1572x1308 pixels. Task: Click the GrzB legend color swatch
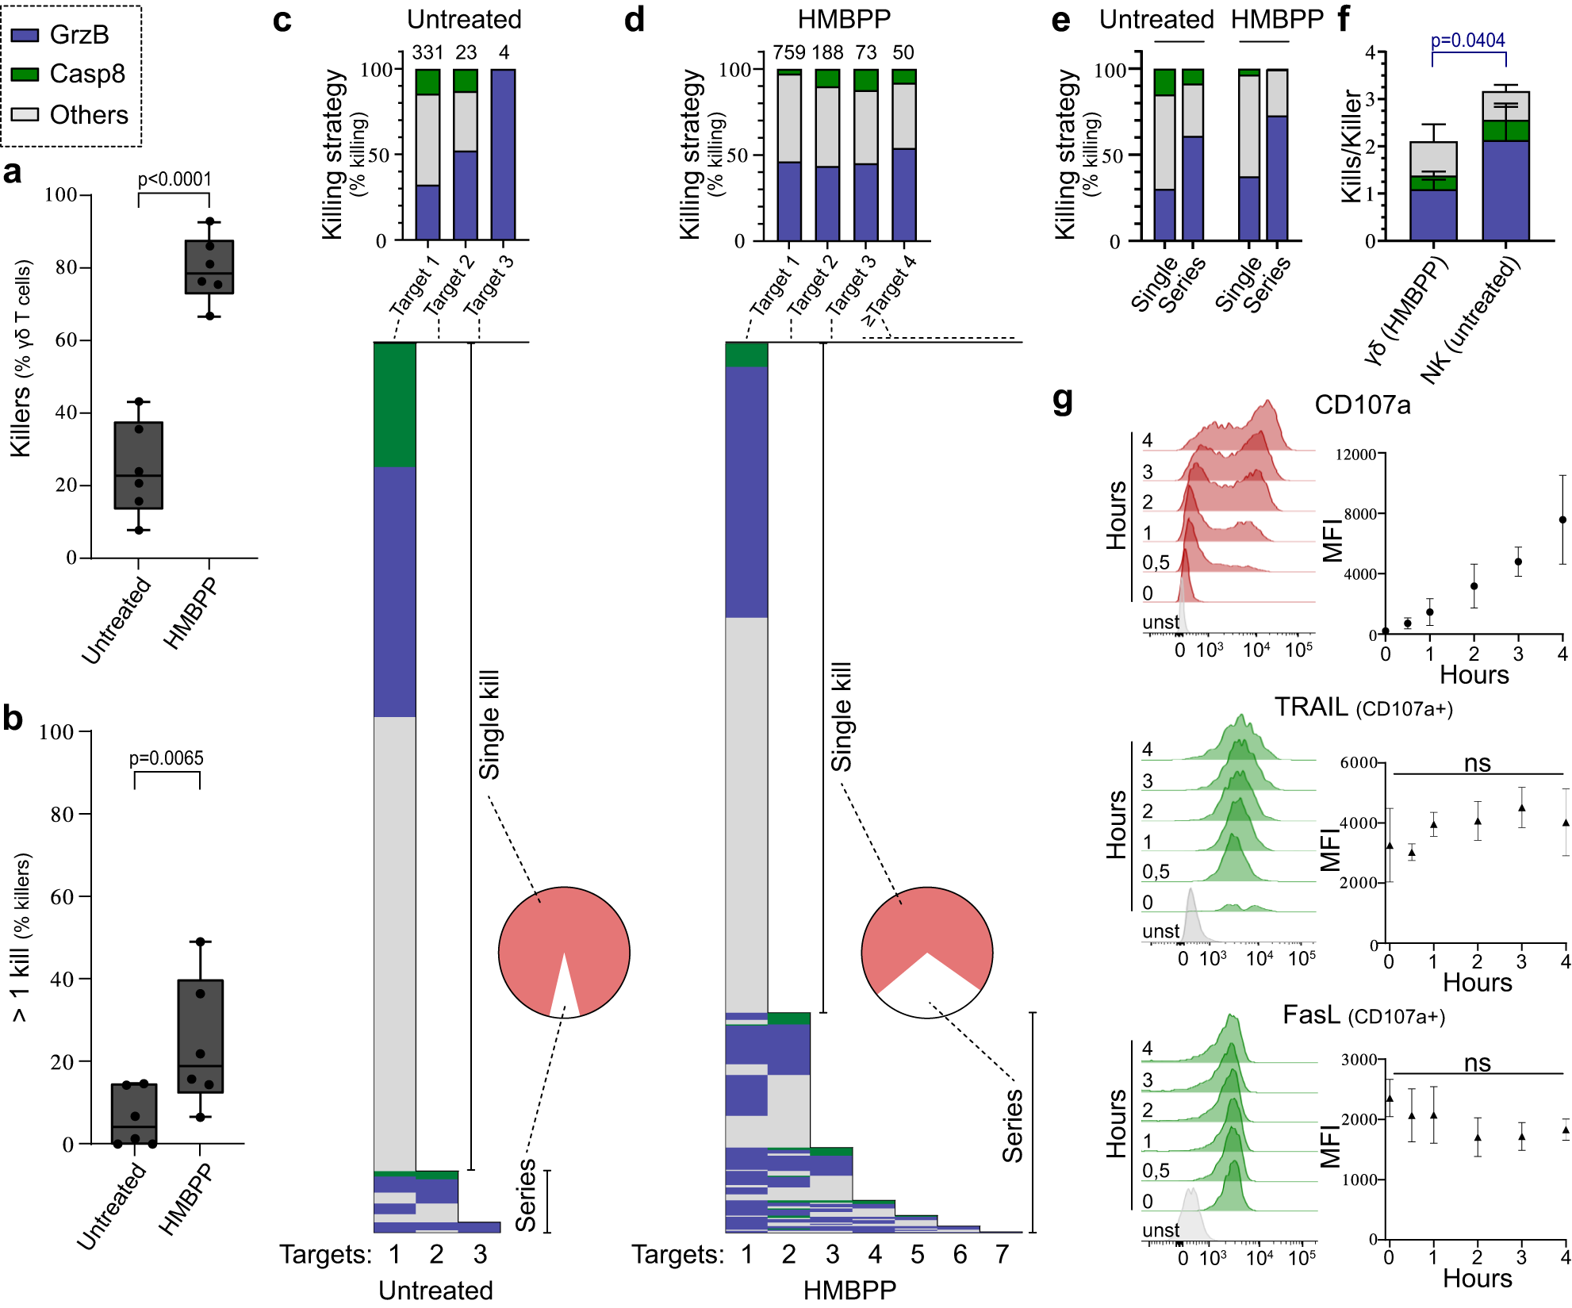click(25, 35)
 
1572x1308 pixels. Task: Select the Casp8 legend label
click(87, 74)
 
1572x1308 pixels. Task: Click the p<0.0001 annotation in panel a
click(174, 179)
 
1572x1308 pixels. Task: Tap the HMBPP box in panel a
click(209, 267)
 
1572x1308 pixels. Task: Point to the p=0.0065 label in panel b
click(167, 758)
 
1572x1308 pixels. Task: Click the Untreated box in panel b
click(134, 1114)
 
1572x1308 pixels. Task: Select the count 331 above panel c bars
click(428, 52)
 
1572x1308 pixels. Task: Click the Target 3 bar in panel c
click(503, 155)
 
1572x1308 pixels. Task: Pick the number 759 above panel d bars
click(789, 52)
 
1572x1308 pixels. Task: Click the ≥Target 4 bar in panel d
click(904, 155)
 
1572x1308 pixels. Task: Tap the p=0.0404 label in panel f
click(1467, 40)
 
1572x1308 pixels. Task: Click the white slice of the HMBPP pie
click(927, 988)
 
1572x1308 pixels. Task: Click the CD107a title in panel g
click(1362, 405)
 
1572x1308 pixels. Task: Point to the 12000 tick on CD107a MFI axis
click(1355, 455)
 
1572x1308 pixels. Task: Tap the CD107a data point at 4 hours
click(1562, 520)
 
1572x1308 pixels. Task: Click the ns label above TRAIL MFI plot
click(1477, 763)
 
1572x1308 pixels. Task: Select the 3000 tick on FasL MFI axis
click(1359, 1060)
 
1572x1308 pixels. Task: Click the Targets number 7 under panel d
click(1002, 1254)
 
